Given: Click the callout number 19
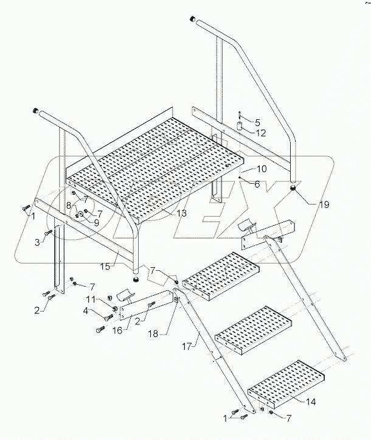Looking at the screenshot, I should coord(324,205).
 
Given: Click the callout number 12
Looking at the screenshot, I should coord(260,133).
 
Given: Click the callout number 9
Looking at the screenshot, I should coord(95,223).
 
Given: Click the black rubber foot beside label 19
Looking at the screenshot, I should coord(294,189).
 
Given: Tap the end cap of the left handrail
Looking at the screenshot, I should coord(36,111).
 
